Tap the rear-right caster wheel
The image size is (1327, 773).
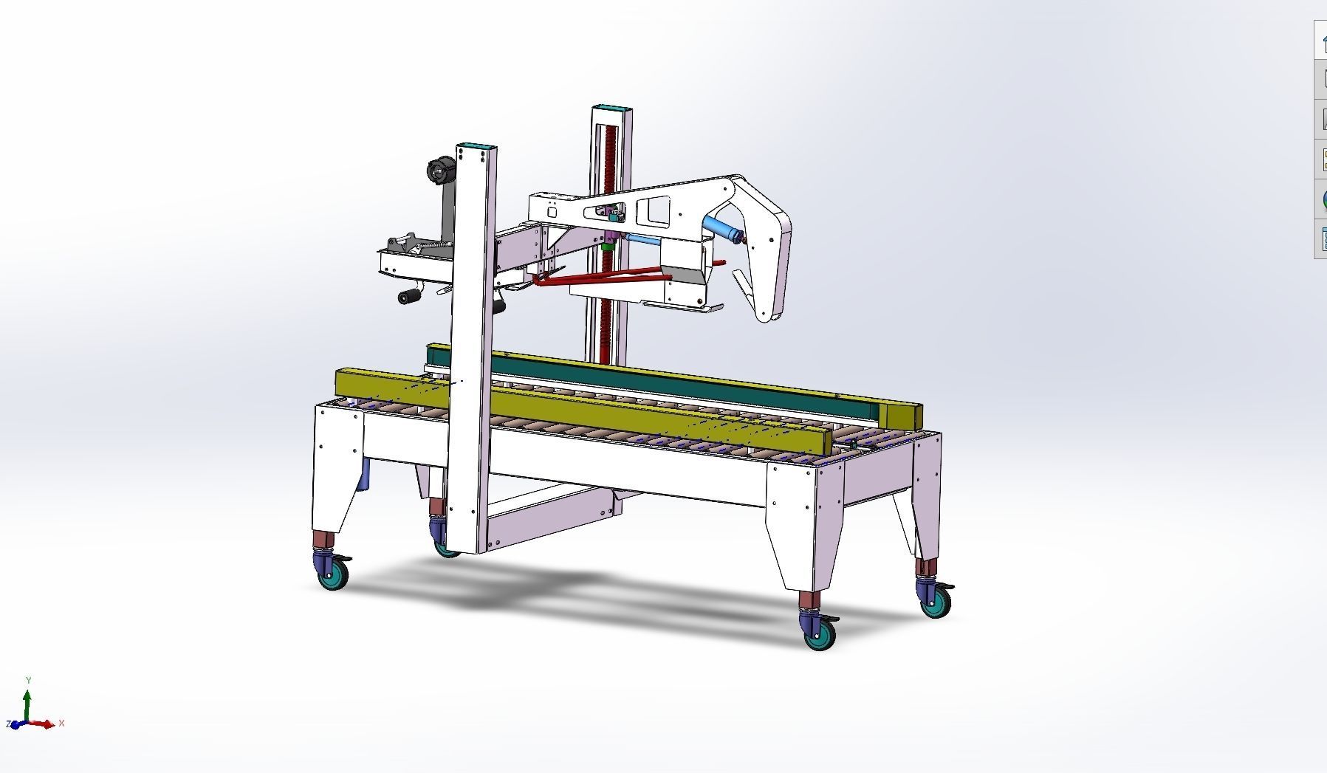[936, 602]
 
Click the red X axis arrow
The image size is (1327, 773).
[48, 724]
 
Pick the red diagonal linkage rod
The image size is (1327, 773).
[606, 278]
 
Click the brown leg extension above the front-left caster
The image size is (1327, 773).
[321, 540]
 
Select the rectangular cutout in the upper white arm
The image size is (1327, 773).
[653, 210]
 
